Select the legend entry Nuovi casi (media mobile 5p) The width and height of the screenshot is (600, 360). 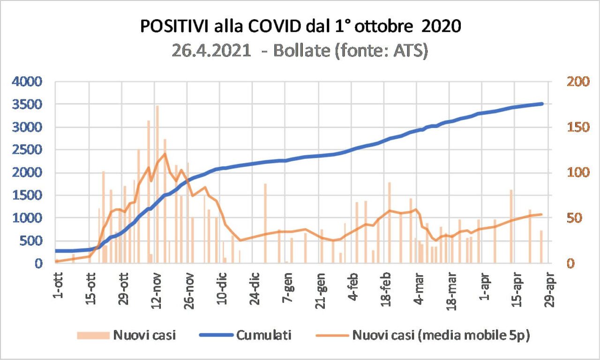pos(441,335)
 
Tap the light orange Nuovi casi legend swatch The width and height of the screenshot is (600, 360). pos(92,335)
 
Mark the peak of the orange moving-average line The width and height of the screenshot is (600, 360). pos(165,154)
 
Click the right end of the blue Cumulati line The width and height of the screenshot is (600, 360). pos(542,104)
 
